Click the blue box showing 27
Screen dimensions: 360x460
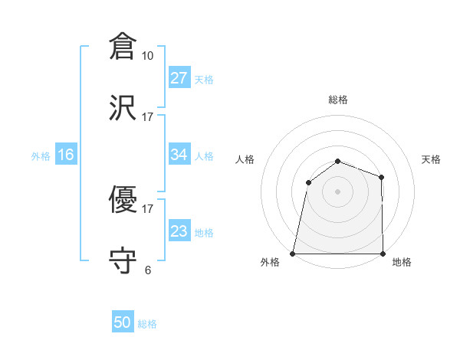179,78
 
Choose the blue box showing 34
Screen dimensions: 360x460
179,155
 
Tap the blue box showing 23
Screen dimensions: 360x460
179,231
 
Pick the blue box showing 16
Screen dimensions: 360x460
66,155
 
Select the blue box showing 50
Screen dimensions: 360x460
123,322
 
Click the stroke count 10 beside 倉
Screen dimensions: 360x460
148,55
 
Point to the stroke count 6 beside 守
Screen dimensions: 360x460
148,270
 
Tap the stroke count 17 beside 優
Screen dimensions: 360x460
148,208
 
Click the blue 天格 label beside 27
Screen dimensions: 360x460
204,80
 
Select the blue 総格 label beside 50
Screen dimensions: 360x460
147,324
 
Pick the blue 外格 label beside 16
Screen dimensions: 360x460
41,156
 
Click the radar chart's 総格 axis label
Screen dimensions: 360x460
338,100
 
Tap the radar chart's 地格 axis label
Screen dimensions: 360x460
402,263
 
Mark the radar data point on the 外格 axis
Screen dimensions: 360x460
293,254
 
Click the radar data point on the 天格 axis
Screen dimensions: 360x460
381,177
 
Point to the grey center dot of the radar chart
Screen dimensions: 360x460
338,191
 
